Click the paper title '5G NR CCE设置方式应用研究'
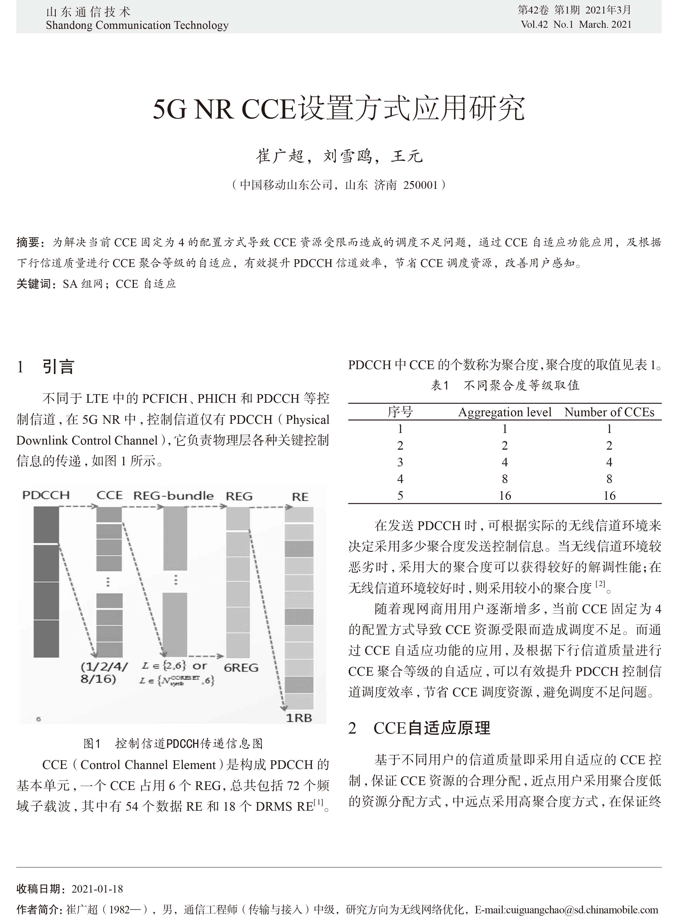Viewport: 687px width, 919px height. (339, 109)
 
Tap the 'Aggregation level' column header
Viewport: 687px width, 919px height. (505, 412)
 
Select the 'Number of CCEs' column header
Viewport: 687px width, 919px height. (609, 412)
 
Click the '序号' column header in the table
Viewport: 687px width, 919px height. (400, 412)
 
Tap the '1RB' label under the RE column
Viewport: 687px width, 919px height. (299, 718)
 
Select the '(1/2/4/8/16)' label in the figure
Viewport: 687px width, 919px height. (104, 673)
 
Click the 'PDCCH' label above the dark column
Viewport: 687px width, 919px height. (46, 495)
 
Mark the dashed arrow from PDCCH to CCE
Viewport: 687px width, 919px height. (78, 507)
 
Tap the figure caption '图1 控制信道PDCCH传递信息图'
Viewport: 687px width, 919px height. (173, 744)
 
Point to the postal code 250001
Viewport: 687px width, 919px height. (420, 185)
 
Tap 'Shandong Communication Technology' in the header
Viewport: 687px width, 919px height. (137, 25)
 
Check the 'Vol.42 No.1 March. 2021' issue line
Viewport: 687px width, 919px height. (576, 25)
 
